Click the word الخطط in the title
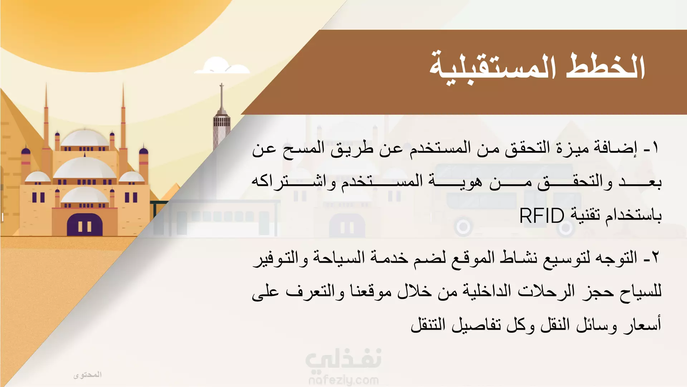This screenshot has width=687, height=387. [x=605, y=67]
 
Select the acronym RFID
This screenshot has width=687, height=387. [x=541, y=216]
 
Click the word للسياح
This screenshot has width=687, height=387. [x=640, y=291]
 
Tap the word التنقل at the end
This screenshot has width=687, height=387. [x=428, y=325]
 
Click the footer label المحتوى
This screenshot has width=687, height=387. [x=88, y=375]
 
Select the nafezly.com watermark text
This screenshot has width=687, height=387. [x=343, y=380]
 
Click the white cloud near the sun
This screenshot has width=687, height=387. [x=222, y=66]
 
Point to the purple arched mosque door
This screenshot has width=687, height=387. [x=85, y=225]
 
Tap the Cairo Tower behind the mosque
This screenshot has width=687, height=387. [x=221, y=118]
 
